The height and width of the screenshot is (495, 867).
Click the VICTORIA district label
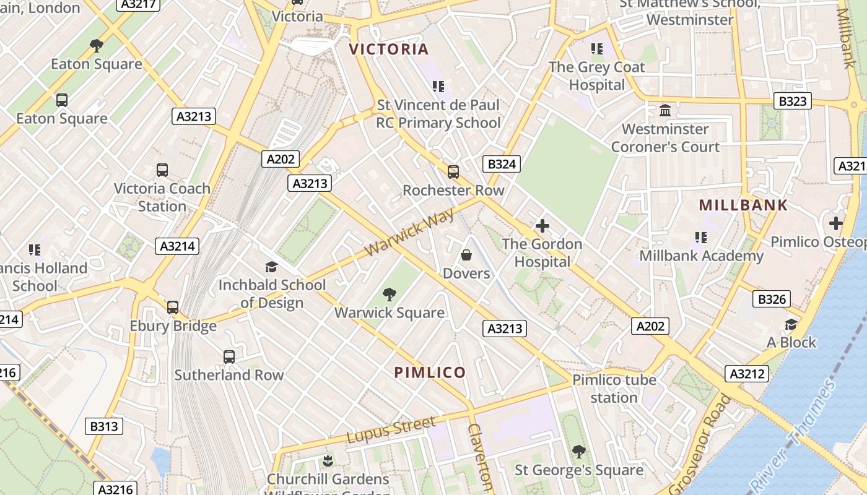[x=388, y=49]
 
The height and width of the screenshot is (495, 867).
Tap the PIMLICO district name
[x=430, y=372]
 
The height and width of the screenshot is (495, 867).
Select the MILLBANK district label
[x=743, y=205]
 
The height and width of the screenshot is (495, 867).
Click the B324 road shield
[x=501, y=164]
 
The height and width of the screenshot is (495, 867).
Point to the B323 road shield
[x=792, y=101]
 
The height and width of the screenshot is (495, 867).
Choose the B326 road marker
[x=772, y=299]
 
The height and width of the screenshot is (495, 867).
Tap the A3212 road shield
[x=746, y=374]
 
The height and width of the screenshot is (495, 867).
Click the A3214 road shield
[x=177, y=246]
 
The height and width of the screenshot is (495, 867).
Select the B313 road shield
[x=104, y=426]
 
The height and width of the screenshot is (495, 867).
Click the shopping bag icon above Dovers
[x=466, y=255]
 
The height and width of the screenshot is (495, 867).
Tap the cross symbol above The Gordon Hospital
[x=542, y=226]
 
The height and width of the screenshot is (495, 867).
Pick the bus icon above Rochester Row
[x=453, y=172]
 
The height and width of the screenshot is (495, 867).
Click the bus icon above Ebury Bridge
[x=173, y=308]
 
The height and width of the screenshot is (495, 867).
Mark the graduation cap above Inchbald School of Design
[x=271, y=267]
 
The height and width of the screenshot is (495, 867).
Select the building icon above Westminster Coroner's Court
[x=665, y=111]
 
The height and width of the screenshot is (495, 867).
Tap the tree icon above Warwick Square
[x=389, y=295]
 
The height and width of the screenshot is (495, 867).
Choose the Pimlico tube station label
[x=614, y=389]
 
